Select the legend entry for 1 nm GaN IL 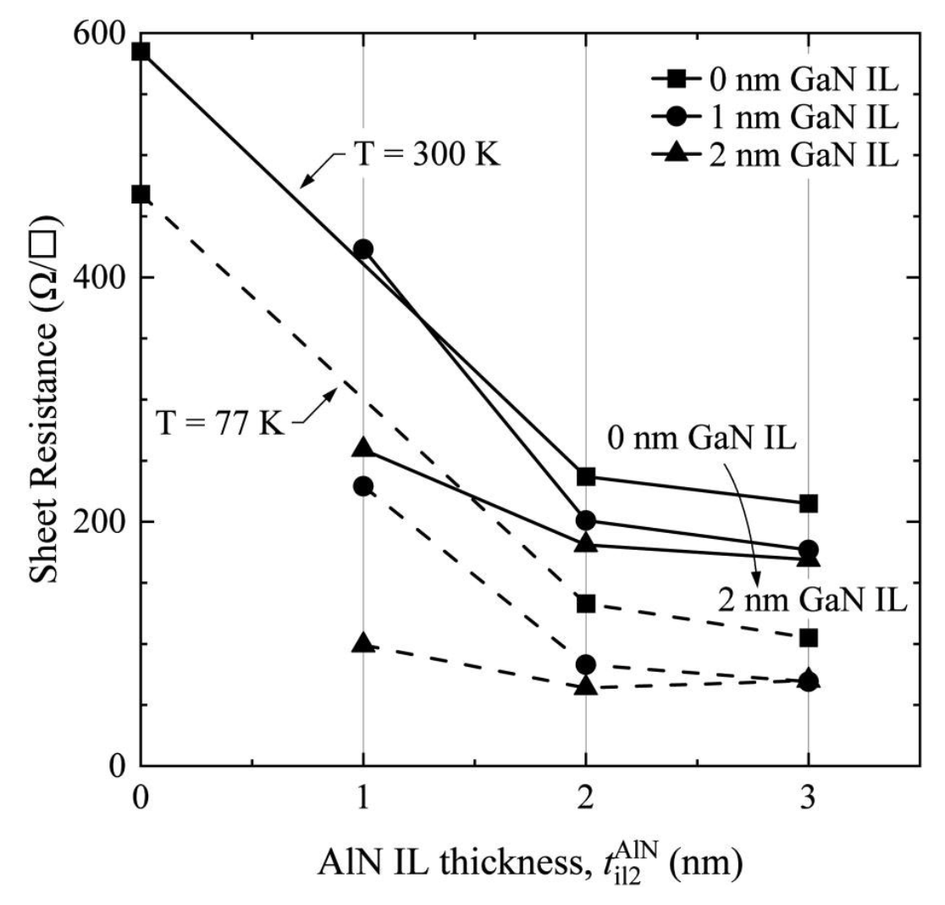[775, 117]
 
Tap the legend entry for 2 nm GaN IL [775, 155]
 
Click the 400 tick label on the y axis [99, 277]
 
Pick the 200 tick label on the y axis [99, 521]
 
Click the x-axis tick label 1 [362, 797]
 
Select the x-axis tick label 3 [808, 797]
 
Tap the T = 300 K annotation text [427, 155]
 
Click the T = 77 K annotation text [220, 423]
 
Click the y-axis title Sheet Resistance [43, 398]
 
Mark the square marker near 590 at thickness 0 [141, 52]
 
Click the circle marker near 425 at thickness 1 [362, 249]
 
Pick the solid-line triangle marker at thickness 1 [362, 447]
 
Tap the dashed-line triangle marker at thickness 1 [362, 642]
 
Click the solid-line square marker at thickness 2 [586, 477]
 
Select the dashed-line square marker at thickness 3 [808, 637]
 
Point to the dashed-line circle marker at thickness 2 [586, 665]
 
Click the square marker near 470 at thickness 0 [141, 195]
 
